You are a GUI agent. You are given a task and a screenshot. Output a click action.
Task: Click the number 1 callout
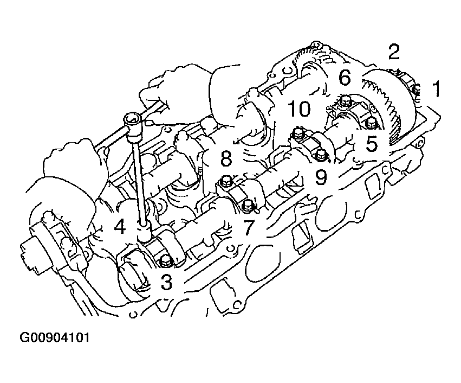click(436, 89)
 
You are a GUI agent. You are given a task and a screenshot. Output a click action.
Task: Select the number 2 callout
click(394, 52)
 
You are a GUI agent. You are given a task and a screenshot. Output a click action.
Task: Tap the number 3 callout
click(166, 282)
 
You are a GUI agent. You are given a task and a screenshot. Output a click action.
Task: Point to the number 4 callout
click(120, 227)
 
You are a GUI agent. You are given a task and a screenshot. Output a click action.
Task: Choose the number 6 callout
click(345, 78)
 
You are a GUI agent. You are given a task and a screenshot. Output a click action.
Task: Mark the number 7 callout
click(249, 227)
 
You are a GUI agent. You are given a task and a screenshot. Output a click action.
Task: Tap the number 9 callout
click(321, 177)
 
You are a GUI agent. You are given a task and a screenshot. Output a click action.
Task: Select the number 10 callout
click(298, 108)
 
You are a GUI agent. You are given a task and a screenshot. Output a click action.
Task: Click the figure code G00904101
click(54, 337)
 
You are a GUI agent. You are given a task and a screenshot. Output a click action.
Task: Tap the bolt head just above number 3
click(166, 261)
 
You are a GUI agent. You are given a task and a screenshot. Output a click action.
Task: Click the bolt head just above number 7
click(248, 206)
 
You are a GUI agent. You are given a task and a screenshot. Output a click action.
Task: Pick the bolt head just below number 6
click(343, 101)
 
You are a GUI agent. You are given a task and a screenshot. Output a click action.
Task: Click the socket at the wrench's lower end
click(144, 234)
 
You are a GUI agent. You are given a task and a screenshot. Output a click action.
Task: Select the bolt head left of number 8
click(226, 181)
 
